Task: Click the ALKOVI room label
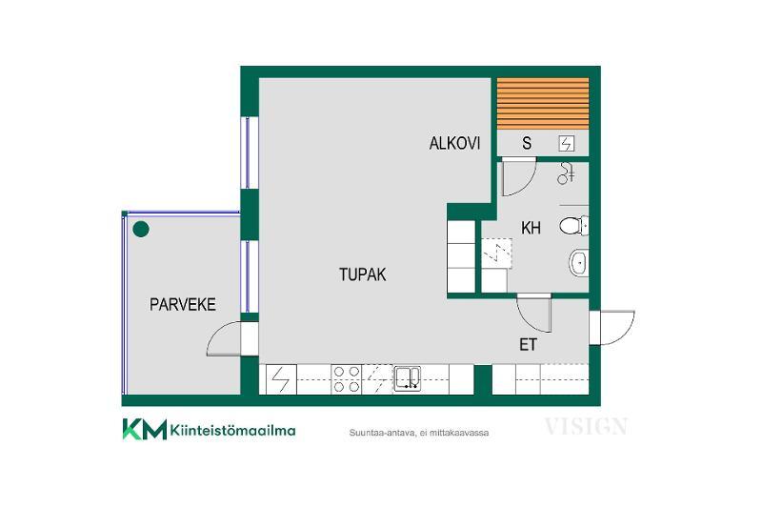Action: [x=454, y=143]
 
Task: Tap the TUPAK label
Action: [x=363, y=274]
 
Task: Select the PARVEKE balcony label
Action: [x=182, y=305]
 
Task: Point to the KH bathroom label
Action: [x=531, y=228]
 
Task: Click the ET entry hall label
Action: [x=529, y=345]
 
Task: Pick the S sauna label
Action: [x=527, y=143]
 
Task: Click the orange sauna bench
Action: [x=543, y=104]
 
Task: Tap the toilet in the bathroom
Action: [x=573, y=226]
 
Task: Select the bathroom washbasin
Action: [x=579, y=263]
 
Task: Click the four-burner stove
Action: [x=347, y=379]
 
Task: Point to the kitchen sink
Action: [x=408, y=378]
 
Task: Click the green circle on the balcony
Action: [x=141, y=229]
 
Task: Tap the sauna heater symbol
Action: [x=567, y=143]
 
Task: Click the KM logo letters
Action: [x=145, y=429]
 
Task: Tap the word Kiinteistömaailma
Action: [x=232, y=430]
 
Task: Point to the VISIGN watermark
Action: [x=586, y=426]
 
